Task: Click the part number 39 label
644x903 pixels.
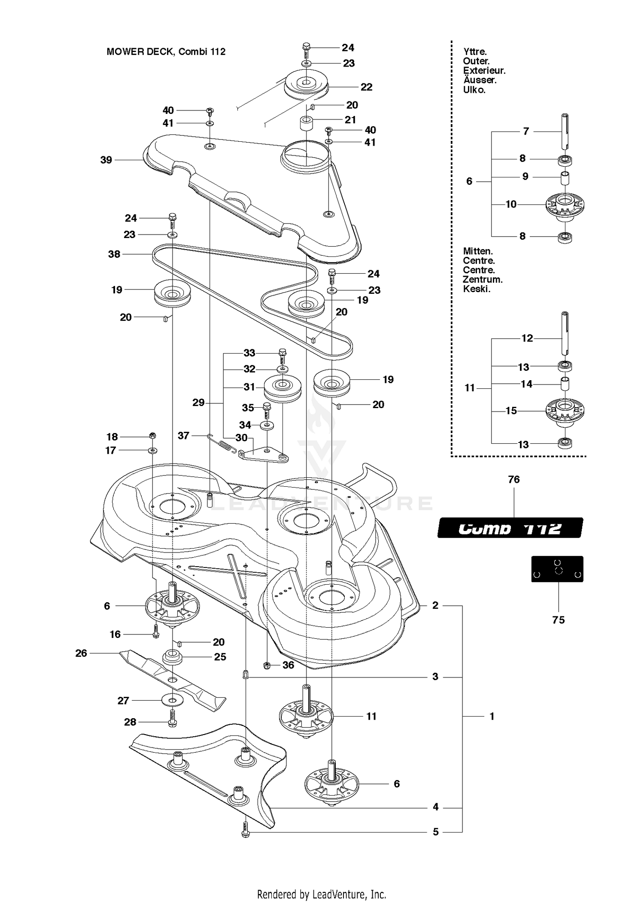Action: [106, 160]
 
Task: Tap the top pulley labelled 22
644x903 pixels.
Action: [306, 85]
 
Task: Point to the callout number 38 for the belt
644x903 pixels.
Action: [114, 254]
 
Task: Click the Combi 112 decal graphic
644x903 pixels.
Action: [510, 528]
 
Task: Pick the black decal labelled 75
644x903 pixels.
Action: [557, 569]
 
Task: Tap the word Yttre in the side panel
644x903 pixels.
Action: [475, 52]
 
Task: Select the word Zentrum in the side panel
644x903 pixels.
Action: [483, 279]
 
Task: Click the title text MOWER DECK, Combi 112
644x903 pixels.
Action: [166, 52]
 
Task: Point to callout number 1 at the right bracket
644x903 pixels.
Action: [492, 716]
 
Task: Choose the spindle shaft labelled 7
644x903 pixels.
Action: [565, 131]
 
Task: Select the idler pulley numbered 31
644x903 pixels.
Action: [282, 389]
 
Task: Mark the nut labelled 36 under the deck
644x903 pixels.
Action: [267, 665]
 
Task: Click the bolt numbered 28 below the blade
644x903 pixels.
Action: [172, 723]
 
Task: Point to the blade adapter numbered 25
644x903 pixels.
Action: [172, 657]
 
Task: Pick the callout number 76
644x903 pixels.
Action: [514, 479]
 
